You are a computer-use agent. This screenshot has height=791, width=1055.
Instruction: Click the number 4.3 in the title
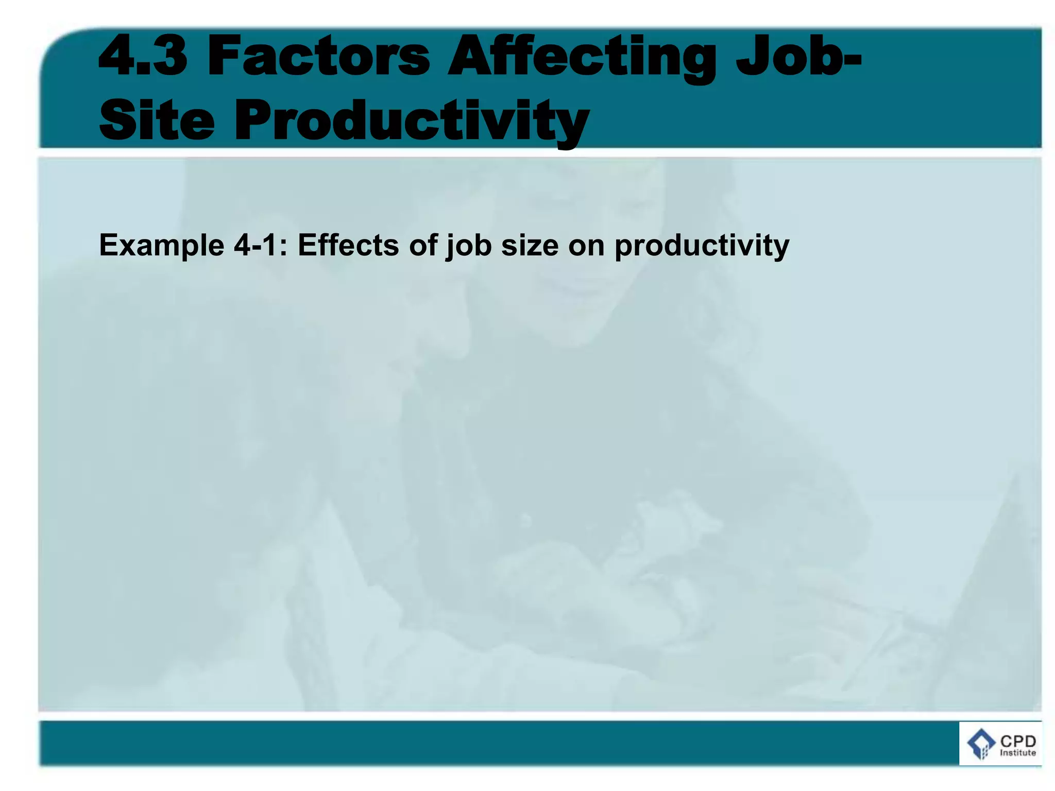(x=143, y=55)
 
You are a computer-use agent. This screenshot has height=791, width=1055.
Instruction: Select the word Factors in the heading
(x=318, y=55)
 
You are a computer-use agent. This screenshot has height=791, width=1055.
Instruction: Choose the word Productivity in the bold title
(x=411, y=121)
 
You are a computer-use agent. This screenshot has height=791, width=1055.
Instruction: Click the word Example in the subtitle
(x=161, y=246)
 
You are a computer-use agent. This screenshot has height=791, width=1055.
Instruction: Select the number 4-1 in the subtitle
(x=255, y=245)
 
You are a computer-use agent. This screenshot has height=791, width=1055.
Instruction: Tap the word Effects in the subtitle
(x=348, y=245)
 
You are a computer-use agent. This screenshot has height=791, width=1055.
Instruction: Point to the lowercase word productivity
(x=702, y=246)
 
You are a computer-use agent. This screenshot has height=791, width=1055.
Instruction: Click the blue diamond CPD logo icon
(x=981, y=744)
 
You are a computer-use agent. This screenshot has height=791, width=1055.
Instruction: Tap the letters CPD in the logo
(x=1018, y=741)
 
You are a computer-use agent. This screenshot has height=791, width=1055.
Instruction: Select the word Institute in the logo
(x=1018, y=753)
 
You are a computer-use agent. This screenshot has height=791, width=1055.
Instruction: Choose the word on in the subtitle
(x=586, y=246)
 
